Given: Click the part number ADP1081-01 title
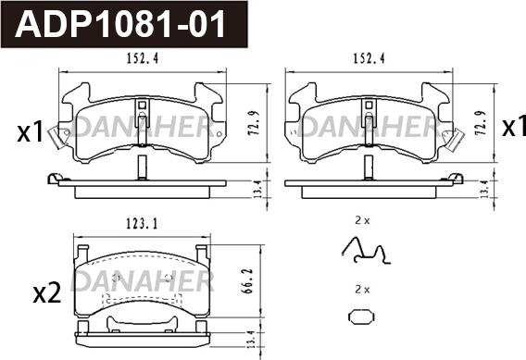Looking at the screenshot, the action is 119,24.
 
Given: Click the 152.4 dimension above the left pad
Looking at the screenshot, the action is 143,59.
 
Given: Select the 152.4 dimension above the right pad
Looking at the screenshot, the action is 369,59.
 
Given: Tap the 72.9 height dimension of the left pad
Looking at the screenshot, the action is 255,123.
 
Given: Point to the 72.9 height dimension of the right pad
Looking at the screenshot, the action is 481,123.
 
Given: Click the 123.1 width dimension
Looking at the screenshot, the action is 143,224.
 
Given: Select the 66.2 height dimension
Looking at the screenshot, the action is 247,281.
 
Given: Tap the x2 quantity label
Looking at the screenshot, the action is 47,293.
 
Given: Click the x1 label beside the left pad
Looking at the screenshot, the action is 31,132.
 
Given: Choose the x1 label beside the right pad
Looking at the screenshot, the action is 514,128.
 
